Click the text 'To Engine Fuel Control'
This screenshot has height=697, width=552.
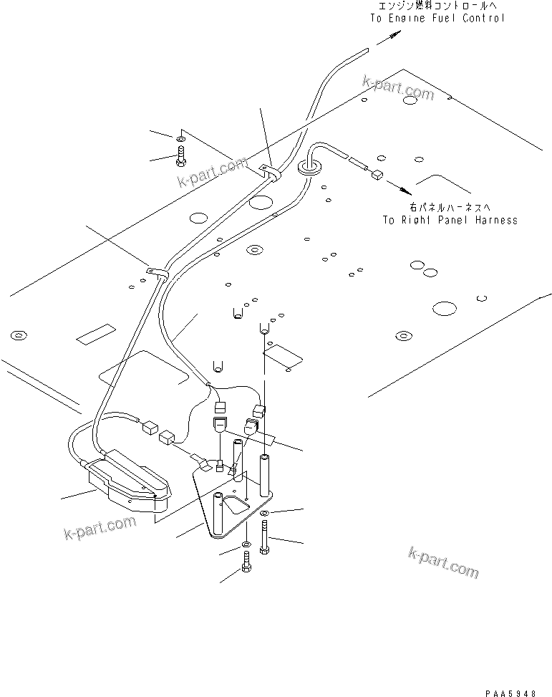tap(437, 18)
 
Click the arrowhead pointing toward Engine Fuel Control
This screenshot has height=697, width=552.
tap(387, 42)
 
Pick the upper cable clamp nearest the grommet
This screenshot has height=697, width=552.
tap(271, 172)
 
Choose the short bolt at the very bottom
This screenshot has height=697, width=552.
tap(246, 566)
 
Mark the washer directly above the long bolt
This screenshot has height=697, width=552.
tap(266, 514)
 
